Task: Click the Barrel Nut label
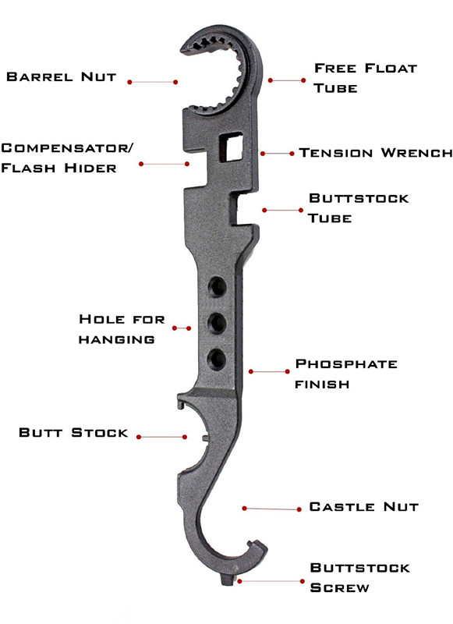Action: [x=62, y=76]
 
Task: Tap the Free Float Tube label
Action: [x=365, y=78]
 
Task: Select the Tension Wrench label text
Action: [x=376, y=153]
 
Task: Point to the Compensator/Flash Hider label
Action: [x=67, y=158]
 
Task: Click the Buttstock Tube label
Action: [x=359, y=208]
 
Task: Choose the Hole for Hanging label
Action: [x=122, y=329]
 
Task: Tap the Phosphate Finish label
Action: [x=346, y=374]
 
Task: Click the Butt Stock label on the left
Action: [x=73, y=433]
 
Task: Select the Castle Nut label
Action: [x=364, y=506]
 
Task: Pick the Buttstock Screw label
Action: [x=360, y=577]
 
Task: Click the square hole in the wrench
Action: [x=231, y=147]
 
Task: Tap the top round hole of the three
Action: [x=218, y=286]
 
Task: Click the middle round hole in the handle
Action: [x=218, y=323]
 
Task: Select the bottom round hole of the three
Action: [x=217, y=359]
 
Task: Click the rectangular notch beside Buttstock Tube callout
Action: [x=245, y=210]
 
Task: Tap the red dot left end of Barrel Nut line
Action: [x=129, y=82]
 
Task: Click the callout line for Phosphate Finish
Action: [x=269, y=372]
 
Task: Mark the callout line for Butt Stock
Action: [x=162, y=437]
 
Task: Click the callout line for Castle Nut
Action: [x=272, y=509]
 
